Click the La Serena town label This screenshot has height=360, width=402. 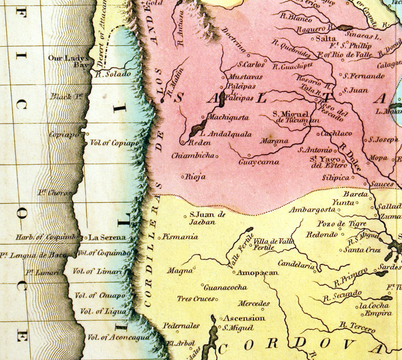coord(107,237)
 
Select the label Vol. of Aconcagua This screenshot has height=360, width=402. coord(118,337)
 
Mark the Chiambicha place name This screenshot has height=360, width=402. coord(192,156)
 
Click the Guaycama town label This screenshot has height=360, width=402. coord(258,162)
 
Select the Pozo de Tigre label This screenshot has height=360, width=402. coord(335,223)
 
